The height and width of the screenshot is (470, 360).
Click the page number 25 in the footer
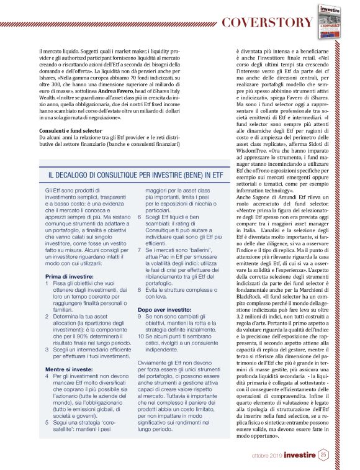(323, 455)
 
